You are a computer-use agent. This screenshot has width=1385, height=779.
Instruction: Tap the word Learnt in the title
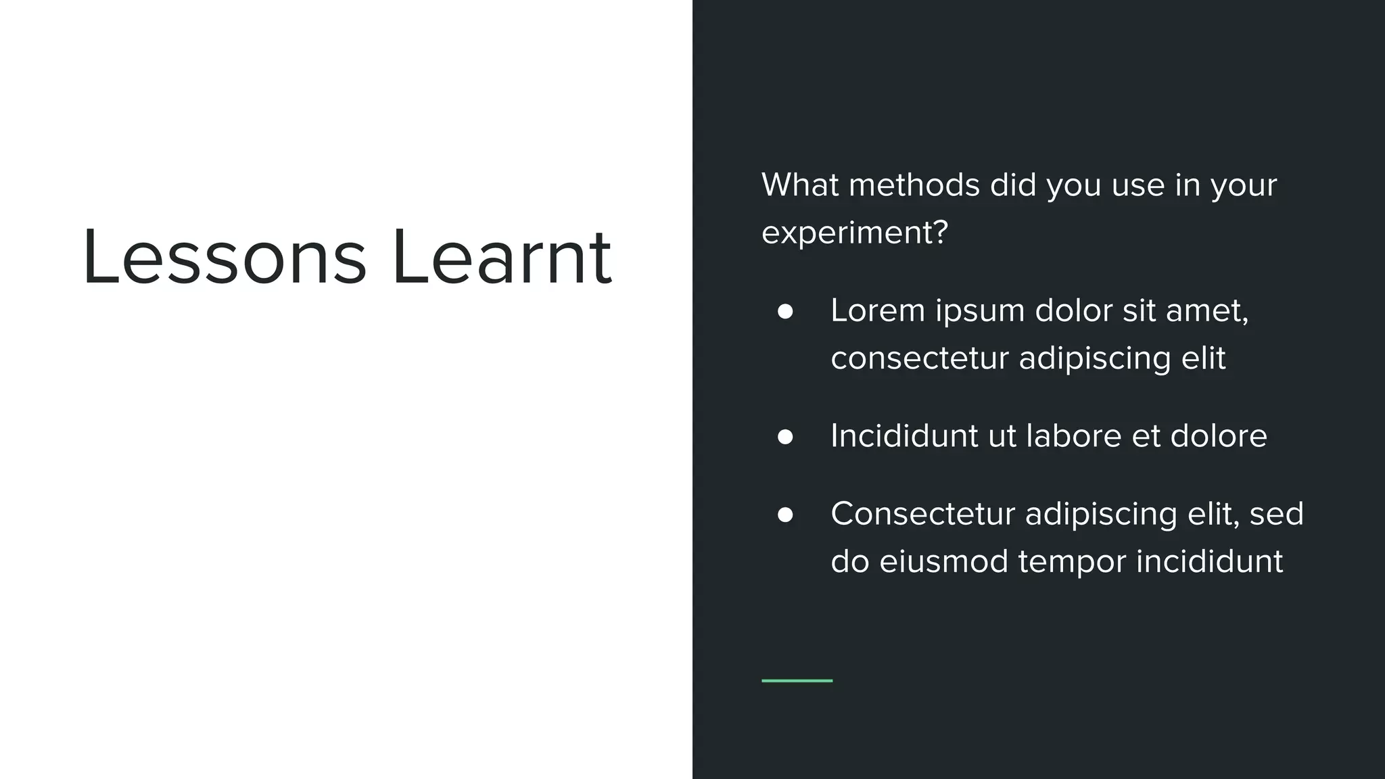(502, 258)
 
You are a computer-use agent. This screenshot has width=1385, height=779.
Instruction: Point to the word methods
(914, 185)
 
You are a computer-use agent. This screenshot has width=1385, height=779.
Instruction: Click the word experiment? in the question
(855, 233)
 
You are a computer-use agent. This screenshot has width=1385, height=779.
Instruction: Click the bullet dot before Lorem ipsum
(785, 312)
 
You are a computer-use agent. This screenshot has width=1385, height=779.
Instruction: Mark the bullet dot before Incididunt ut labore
(785, 437)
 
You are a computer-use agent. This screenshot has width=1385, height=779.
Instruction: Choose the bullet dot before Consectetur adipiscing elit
(785, 515)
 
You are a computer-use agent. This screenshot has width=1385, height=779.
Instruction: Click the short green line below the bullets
(797, 680)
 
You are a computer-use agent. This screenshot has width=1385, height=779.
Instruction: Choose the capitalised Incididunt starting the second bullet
(904, 435)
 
